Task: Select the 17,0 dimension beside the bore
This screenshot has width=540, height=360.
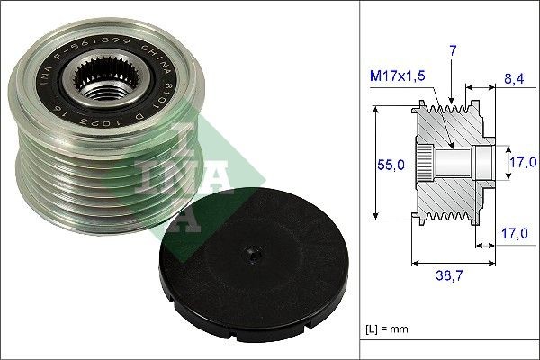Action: [x=521, y=162]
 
